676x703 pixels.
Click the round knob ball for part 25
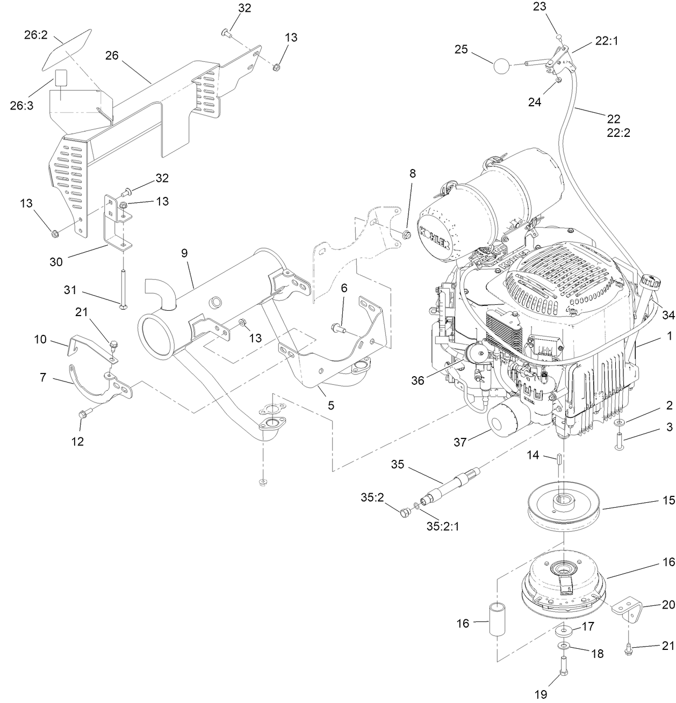point(501,67)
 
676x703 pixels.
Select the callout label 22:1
point(606,41)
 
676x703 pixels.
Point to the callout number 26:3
point(21,105)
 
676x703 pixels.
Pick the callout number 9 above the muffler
point(184,253)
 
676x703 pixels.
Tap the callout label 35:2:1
point(443,526)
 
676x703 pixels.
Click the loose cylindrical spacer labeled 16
point(498,619)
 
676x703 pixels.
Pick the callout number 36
point(418,380)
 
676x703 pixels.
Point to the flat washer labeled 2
point(620,424)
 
